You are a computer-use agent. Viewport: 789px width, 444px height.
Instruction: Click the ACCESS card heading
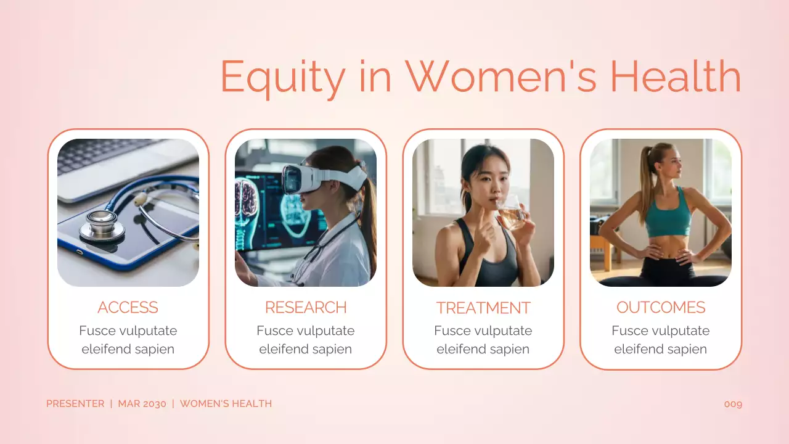[128, 307]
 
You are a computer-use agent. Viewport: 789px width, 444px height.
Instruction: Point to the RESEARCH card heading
[306, 307]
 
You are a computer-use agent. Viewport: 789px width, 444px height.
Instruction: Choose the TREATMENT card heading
[483, 307]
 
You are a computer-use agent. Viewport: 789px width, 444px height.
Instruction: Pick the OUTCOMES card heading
[661, 307]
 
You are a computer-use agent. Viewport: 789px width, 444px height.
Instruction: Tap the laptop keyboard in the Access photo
[105, 154]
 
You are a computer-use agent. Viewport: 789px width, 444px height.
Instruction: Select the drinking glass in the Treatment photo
[511, 213]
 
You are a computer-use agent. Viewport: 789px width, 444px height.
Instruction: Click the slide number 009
[733, 404]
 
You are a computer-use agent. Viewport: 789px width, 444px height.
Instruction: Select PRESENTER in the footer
[75, 404]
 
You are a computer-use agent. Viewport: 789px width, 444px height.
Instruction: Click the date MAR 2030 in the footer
[142, 404]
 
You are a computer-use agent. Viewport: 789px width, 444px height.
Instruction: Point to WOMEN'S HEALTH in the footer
[226, 404]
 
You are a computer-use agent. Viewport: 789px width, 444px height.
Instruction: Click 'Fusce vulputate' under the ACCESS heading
[128, 331]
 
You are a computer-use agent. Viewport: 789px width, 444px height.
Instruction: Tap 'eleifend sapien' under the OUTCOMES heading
[661, 349]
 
